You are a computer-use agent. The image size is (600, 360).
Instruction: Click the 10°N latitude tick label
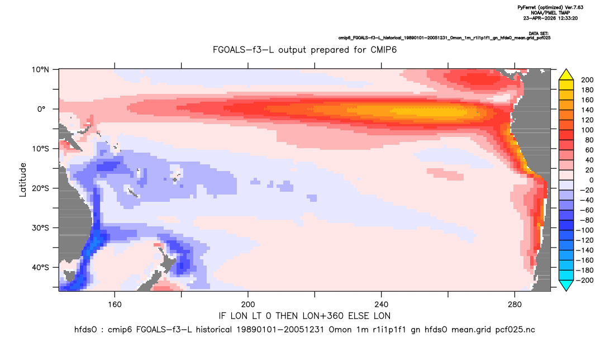click(40, 70)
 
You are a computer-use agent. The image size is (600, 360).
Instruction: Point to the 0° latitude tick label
click(41, 109)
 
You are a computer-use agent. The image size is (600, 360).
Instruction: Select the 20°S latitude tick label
click(40, 188)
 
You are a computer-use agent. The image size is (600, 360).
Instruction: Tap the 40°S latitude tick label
click(40, 267)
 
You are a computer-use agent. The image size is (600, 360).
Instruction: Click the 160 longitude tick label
click(115, 305)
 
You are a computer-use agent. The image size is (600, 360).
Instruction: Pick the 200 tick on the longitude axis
click(248, 305)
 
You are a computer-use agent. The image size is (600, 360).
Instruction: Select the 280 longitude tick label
click(515, 305)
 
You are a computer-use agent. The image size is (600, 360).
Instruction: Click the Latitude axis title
click(23, 180)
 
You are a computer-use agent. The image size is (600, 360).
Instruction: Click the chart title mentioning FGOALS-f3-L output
click(304, 50)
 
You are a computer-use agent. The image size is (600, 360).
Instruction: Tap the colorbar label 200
click(587, 80)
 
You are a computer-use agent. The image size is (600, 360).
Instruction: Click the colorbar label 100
click(587, 130)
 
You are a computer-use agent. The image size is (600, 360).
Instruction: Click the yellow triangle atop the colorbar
click(566, 75)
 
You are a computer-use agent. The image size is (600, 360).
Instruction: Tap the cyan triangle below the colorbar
click(566, 285)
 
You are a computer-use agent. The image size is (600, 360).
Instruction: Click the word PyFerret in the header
click(526, 8)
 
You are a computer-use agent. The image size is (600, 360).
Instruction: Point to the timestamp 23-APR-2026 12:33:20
click(551, 18)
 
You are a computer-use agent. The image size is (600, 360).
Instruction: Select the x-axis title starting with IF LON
click(304, 316)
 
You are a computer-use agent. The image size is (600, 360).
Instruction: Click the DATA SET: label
click(539, 34)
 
